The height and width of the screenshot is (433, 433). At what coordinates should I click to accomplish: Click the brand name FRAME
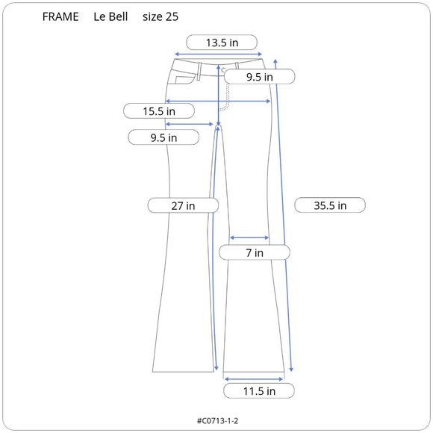point(60,17)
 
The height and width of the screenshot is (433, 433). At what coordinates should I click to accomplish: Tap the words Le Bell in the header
point(110,17)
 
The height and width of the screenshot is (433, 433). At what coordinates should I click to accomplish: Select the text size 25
point(161,17)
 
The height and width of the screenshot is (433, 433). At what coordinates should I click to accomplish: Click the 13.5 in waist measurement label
point(222,43)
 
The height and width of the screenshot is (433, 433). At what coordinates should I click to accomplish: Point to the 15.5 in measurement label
point(159,111)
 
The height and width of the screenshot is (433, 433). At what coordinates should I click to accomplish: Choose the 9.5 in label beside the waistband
point(260,77)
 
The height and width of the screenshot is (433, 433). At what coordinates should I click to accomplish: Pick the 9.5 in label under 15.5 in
point(163,137)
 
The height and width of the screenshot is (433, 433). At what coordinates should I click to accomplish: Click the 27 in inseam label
point(183,206)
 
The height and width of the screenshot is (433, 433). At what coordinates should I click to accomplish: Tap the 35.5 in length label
point(330,205)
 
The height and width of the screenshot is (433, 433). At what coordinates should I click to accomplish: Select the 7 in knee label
point(255,252)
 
